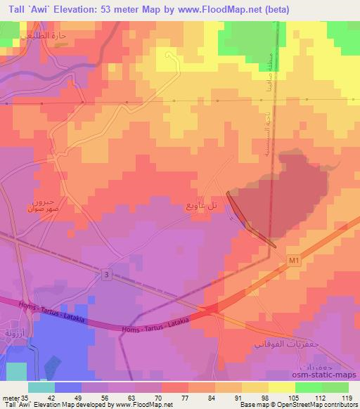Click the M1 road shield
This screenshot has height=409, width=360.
293,262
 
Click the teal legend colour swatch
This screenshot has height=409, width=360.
41,387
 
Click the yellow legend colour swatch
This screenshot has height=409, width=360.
282,387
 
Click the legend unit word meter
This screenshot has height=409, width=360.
10,397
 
